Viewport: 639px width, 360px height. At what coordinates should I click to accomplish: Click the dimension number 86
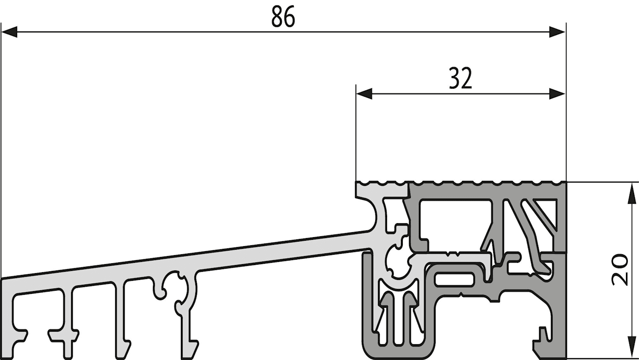point(283,17)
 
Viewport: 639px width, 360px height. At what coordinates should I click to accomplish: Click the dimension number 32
point(460,78)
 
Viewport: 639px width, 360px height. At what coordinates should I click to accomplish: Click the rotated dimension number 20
point(620,270)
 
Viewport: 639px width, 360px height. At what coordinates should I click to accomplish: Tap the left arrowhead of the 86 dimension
point(9,32)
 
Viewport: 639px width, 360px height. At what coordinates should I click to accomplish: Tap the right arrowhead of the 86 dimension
point(557,32)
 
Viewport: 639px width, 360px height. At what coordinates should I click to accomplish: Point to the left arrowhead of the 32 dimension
point(364,94)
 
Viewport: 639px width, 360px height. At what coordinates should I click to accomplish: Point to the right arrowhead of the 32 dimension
point(557,94)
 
